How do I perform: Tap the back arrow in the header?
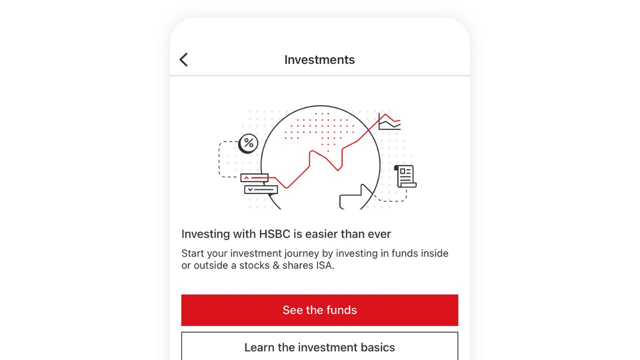coord(183,59)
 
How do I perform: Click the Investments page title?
coord(319,59)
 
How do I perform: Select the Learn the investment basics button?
coord(319,346)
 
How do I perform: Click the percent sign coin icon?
coord(248,143)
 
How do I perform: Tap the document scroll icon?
coord(405,176)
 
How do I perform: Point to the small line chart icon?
coord(389,121)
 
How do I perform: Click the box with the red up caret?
coord(254,177)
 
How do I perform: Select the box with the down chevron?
coord(261,189)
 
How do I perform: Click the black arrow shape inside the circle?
coord(356,197)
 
